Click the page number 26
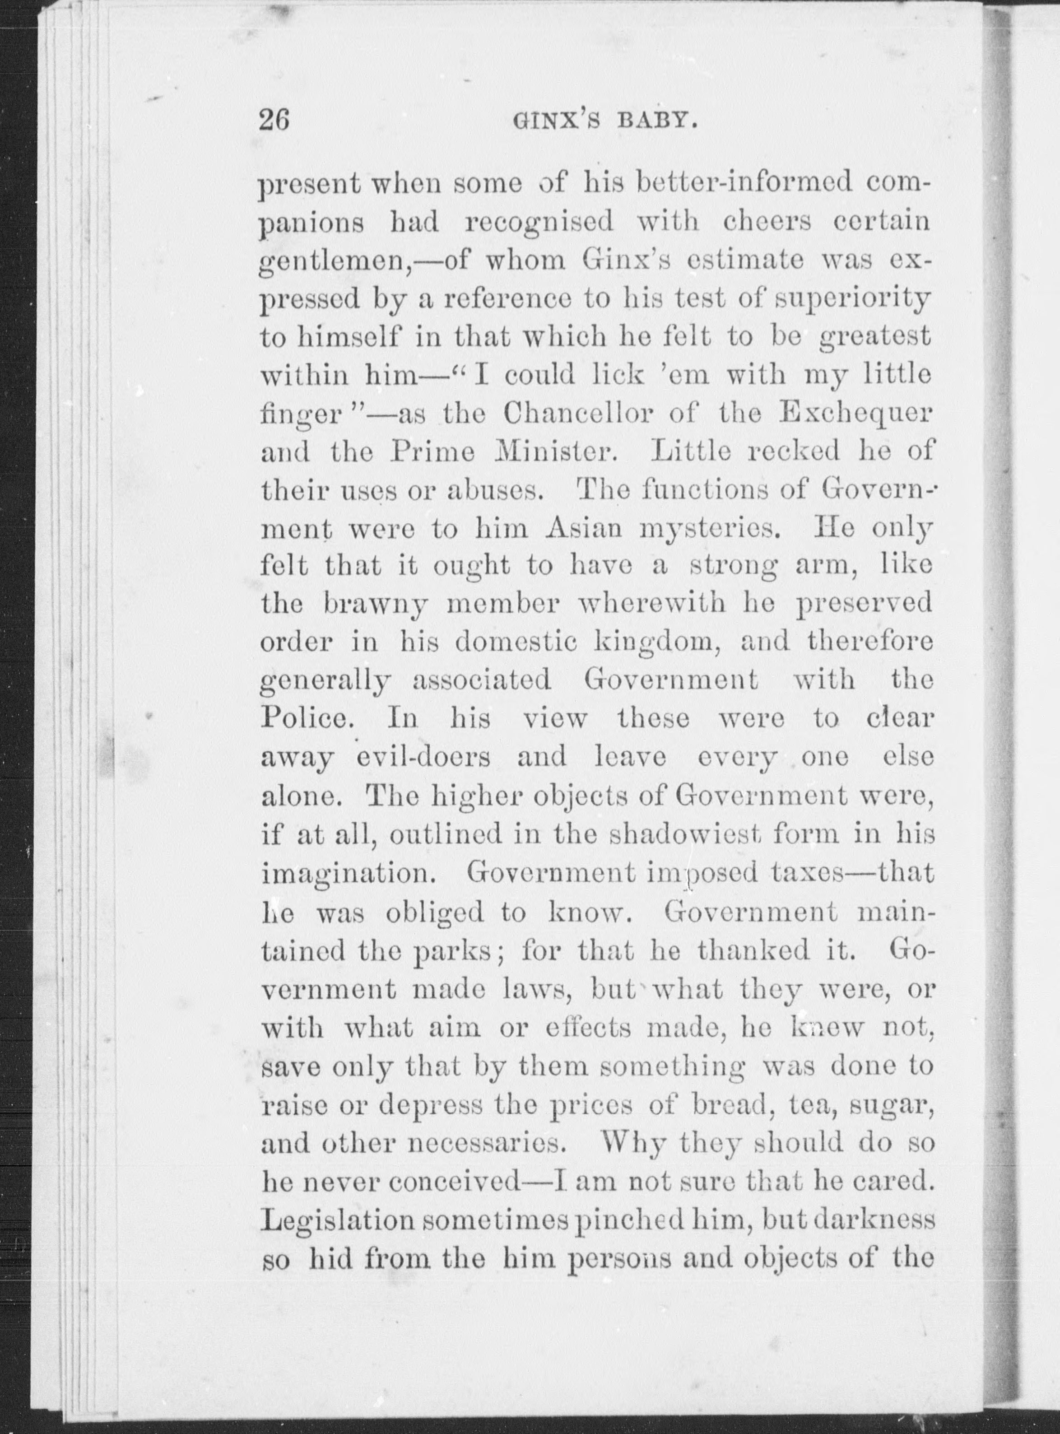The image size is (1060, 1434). [x=274, y=120]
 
